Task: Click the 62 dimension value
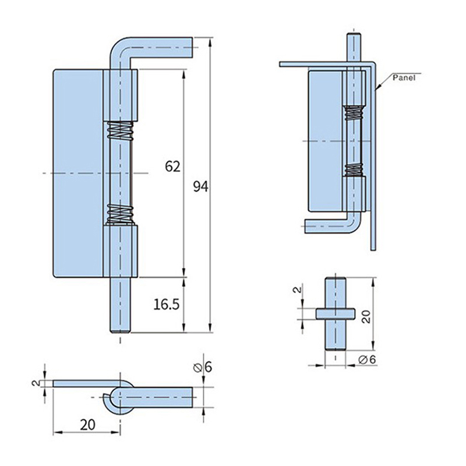tap(172, 167)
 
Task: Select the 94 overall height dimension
tap(200, 186)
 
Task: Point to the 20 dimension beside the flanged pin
tap(365, 316)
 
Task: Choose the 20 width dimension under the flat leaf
tap(88, 425)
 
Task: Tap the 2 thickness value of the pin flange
tap(297, 290)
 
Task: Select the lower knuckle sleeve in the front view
tap(121, 250)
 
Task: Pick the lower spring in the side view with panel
tap(353, 170)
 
